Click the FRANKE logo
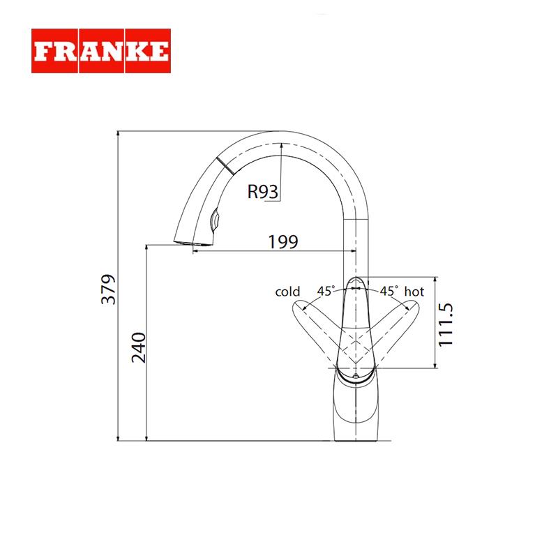tap(101, 51)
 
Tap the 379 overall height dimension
tap(109, 289)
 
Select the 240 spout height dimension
tap(138, 347)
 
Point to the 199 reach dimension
tap(283, 241)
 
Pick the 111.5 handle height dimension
tap(446, 324)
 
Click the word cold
tap(287, 292)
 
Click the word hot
tap(414, 292)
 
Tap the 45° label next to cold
tap(326, 291)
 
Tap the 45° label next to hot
tap(389, 291)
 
